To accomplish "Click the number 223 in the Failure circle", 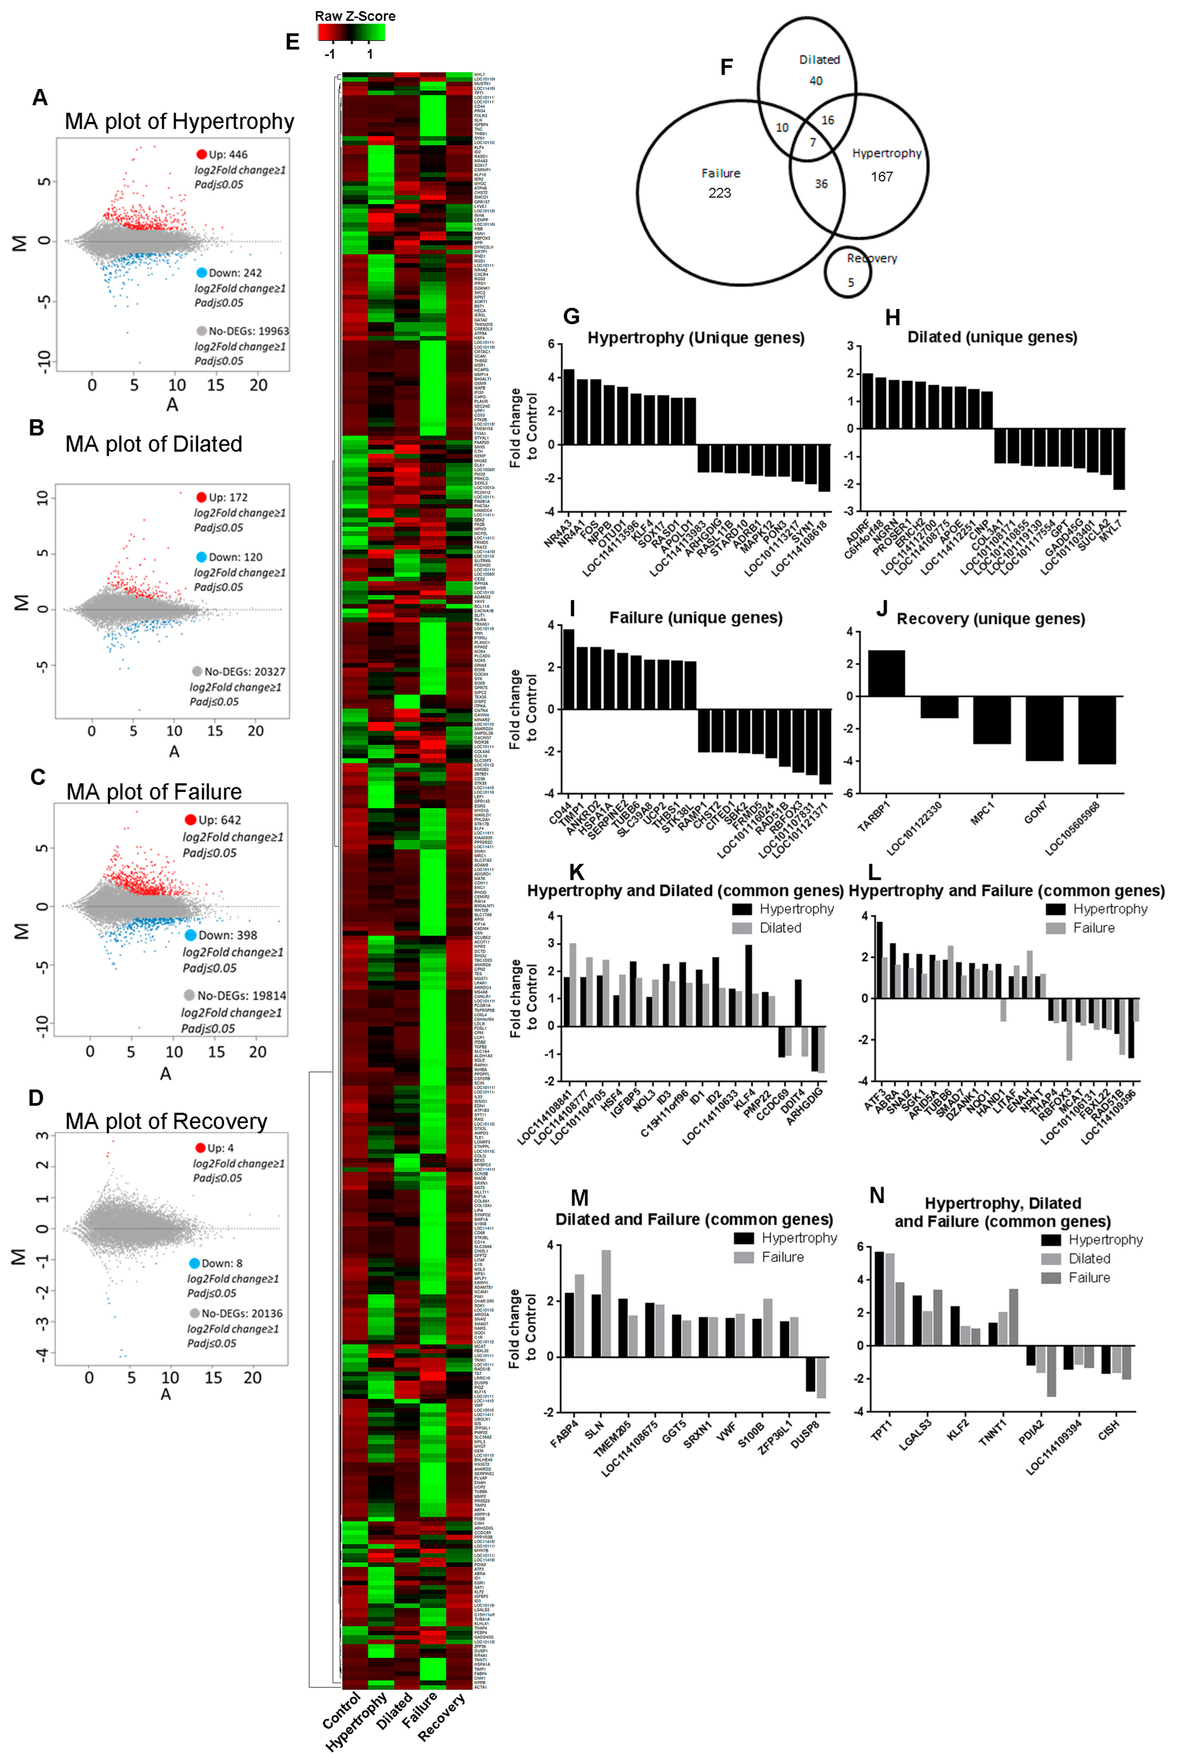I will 719,193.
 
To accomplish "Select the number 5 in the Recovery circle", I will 850,282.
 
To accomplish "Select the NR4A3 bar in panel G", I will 568,406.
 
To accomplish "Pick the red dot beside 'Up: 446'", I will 201,155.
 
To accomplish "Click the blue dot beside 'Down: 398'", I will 191,935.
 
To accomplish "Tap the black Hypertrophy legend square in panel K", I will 742,909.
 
